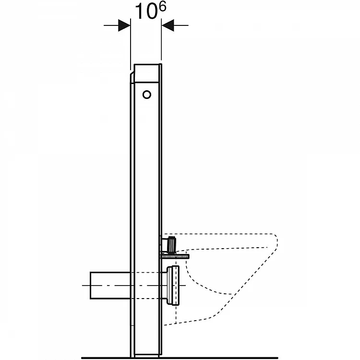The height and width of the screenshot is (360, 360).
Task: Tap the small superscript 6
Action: coord(163,7)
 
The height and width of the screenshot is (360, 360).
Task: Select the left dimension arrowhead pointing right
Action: coord(124,25)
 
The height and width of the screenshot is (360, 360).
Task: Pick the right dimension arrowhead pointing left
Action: coord(168,25)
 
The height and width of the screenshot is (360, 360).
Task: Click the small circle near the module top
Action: coord(147,95)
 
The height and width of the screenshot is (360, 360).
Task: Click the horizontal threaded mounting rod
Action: coord(175,256)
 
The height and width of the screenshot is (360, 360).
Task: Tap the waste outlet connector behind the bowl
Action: coord(172,286)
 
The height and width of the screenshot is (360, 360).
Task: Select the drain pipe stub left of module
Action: coord(110,286)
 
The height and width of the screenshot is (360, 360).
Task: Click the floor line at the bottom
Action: coord(180,358)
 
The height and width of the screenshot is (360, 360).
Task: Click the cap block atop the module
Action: coord(146,73)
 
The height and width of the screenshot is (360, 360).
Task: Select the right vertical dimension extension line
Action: coord(161,39)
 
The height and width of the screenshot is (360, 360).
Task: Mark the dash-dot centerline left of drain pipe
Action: coord(86,286)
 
